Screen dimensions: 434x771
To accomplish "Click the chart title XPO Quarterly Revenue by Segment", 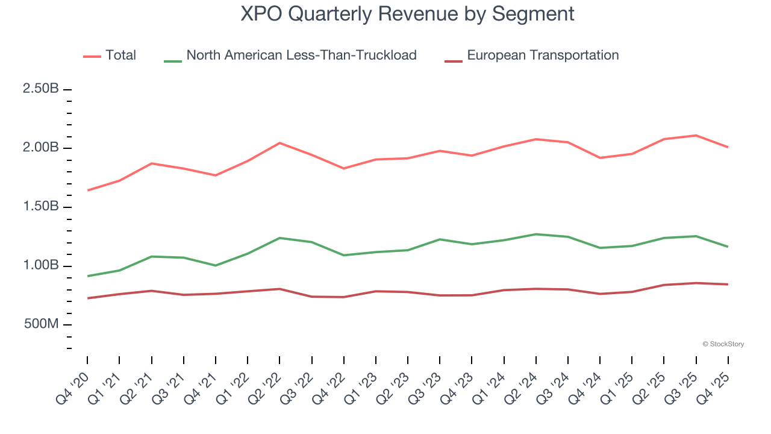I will pyautogui.click(x=407, y=13).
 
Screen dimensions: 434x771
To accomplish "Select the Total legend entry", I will pyautogui.click(x=120, y=55).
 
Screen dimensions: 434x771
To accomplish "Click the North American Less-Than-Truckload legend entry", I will pyautogui.click(x=301, y=55).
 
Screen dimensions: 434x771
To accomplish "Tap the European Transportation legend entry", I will pyautogui.click(x=543, y=55).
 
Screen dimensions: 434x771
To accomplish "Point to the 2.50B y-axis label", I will pyautogui.click(x=40, y=89).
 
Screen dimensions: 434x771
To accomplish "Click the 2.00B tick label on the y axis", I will pyautogui.click(x=40, y=148).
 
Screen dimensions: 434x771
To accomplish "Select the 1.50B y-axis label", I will pyautogui.click(x=40, y=207).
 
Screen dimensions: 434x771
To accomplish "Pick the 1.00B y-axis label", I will pyautogui.click(x=40, y=266).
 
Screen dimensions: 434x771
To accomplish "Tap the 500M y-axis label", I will pyautogui.click(x=40, y=325).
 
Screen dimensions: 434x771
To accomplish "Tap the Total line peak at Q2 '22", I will pyautogui.click(x=279, y=143).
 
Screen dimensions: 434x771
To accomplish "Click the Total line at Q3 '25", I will pyautogui.click(x=696, y=136).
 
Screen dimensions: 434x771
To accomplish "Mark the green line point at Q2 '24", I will pyautogui.click(x=536, y=234).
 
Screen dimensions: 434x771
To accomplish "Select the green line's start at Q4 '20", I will pyautogui.click(x=87, y=276).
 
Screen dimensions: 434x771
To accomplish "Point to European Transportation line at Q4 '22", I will pyautogui.click(x=343, y=297).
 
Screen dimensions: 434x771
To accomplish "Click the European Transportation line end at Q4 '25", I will pyautogui.click(x=728, y=285).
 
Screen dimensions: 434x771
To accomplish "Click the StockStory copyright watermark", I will pyautogui.click(x=723, y=344).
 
